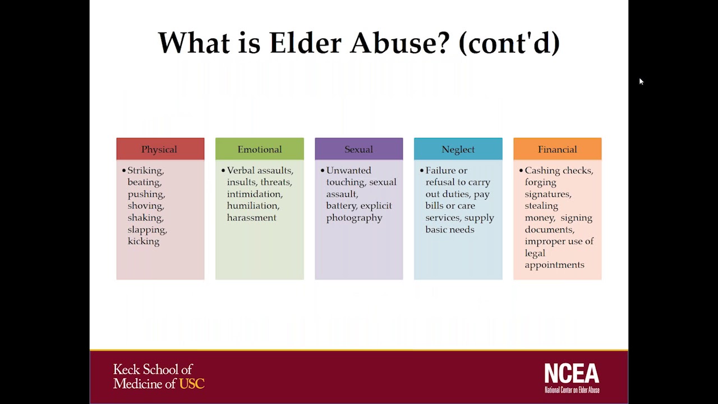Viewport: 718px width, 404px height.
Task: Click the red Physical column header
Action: coord(160,149)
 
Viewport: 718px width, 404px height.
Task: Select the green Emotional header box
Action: coord(259,149)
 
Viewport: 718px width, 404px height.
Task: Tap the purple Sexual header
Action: coord(358,149)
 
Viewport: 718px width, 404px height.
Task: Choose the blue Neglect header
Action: coord(458,149)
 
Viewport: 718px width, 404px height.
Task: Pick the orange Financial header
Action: coord(557,149)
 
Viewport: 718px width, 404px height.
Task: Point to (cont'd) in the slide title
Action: coord(509,43)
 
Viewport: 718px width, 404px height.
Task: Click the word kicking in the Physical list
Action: coord(144,241)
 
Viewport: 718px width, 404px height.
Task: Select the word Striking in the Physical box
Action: coord(145,171)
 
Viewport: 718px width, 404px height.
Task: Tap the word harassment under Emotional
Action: coord(251,218)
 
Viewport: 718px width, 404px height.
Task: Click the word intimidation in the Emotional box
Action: coord(254,194)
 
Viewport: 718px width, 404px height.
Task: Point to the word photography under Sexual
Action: coord(354,218)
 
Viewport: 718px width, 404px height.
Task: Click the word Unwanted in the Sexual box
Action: coord(348,171)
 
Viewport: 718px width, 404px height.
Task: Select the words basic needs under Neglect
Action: coord(449,229)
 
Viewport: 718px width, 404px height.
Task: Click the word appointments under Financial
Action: coord(554,265)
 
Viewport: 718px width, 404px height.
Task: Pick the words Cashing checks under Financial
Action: coord(558,171)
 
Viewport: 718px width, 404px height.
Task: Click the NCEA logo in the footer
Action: coord(572,378)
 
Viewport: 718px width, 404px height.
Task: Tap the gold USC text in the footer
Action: coord(192,384)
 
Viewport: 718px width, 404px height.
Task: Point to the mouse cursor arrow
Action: coord(641,82)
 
